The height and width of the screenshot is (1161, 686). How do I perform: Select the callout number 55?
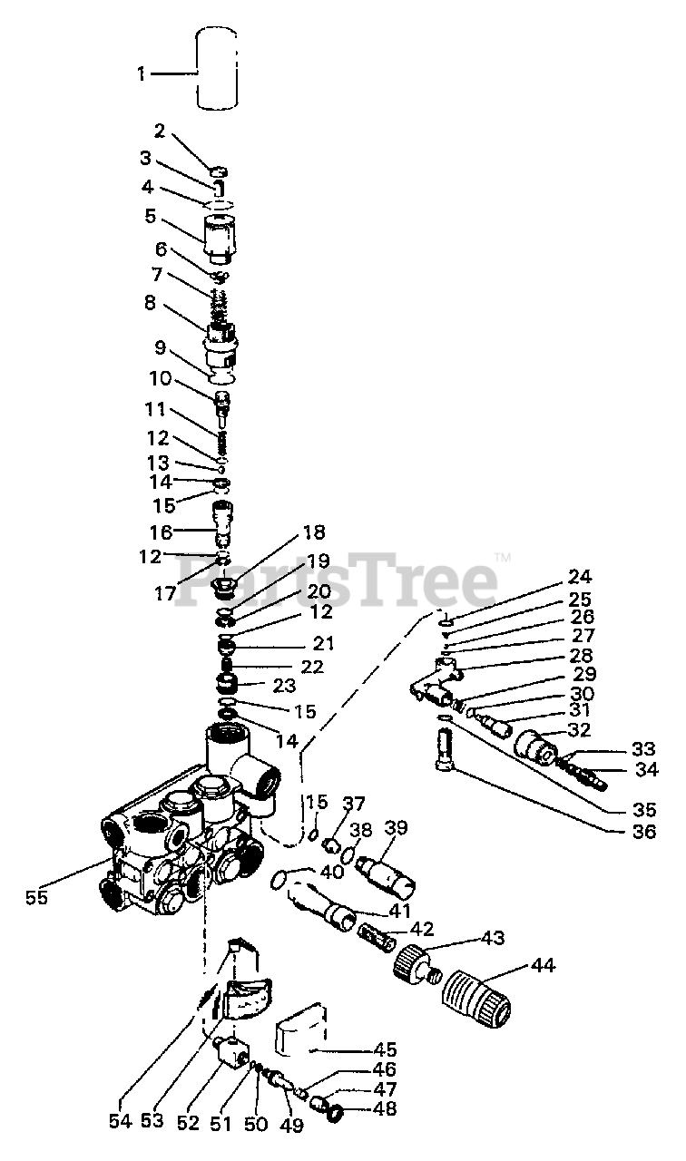coord(36,897)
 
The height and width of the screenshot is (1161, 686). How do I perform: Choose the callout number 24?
coord(580,576)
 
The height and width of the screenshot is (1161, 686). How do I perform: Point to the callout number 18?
coord(314,532)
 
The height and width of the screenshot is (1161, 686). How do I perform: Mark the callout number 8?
coord(150,303)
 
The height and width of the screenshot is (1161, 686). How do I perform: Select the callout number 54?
coord(121,1122)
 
